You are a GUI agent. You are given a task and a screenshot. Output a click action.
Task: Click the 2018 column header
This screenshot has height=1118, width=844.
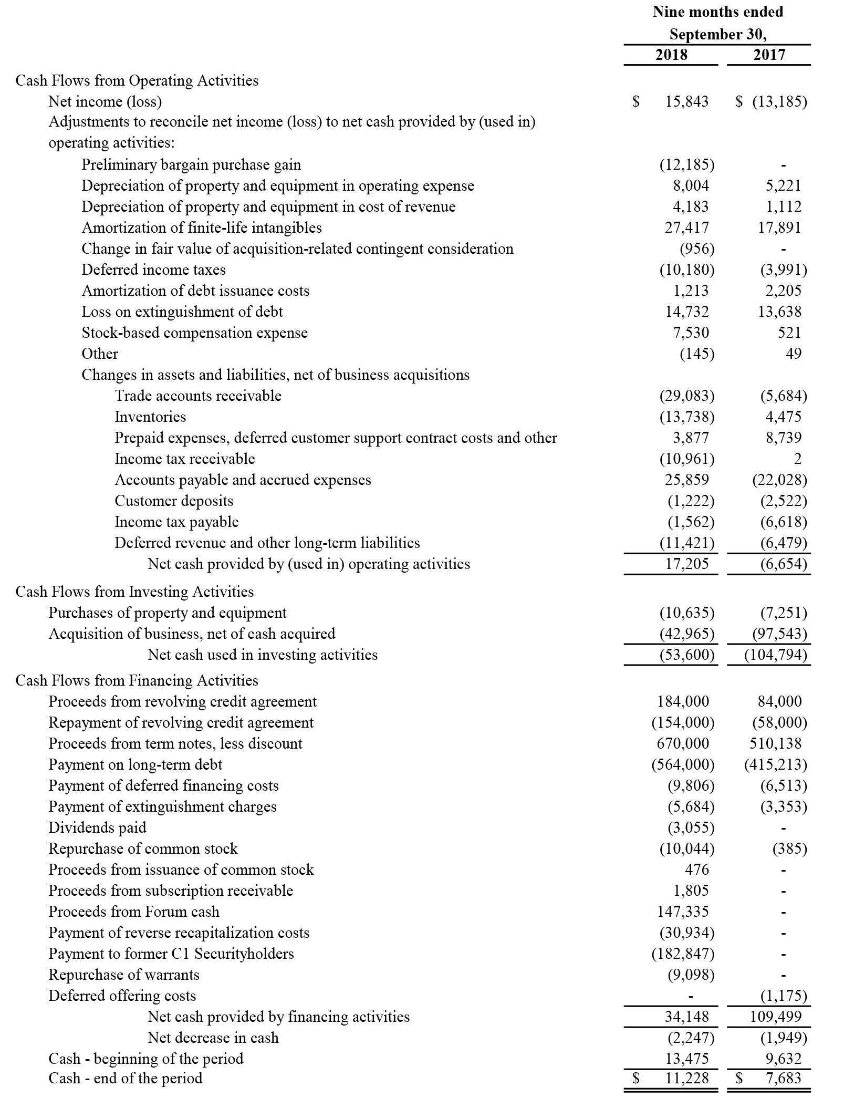[671, 55]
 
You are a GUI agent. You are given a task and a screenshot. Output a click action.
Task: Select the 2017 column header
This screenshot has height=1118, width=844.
[769, 55]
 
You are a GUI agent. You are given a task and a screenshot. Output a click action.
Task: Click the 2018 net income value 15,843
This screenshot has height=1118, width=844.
[686, 101]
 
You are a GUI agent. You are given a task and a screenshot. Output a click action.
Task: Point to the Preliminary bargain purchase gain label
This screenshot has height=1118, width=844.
[191, 165]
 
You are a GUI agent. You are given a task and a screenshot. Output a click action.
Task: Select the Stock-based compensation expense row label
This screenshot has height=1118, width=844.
[194, 333]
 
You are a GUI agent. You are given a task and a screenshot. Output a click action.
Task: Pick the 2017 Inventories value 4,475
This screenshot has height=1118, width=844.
[783, 417]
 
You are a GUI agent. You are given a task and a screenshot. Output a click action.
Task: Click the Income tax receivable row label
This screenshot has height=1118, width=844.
[185, 459]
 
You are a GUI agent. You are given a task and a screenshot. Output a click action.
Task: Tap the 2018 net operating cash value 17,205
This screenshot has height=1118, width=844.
[686, 564]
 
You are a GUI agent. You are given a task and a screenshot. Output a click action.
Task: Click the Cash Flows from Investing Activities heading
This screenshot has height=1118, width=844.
[134, 592]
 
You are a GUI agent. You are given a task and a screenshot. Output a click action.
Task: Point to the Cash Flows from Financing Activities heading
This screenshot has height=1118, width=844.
[137, 681]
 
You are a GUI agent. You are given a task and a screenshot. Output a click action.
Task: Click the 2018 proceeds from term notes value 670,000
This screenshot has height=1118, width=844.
[683, 744]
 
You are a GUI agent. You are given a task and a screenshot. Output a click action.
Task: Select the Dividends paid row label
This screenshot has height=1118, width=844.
[97, 828]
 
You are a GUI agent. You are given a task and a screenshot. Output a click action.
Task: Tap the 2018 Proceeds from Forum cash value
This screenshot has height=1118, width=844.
[683, 912]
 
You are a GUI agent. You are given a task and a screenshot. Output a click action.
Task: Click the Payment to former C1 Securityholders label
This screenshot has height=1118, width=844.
[171, 954]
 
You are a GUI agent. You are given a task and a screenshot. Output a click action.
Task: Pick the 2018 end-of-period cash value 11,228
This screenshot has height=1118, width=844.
[686, 1079]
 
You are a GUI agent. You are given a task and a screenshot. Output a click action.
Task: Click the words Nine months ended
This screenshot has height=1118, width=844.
[717, 12]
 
